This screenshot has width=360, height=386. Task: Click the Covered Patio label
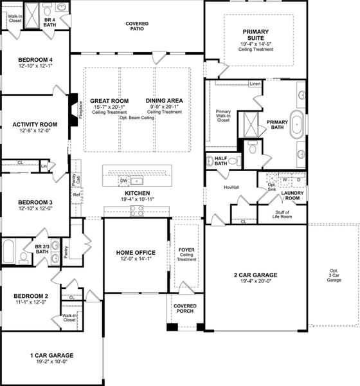click(137, 26)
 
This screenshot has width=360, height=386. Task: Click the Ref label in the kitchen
click(76, 194)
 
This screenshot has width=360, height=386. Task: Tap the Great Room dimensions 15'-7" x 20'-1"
click(109, 107)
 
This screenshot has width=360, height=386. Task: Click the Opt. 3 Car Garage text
click(334, 275)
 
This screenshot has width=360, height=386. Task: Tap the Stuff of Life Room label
click(282, 216)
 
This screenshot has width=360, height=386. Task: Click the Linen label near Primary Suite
click(255, 84)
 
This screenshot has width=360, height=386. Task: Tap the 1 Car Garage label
click(51, 355)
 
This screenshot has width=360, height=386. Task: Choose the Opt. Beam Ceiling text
click(137, 118)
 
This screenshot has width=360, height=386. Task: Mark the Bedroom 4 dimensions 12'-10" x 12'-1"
click(35, 66)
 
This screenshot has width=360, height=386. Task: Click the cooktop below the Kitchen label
click(137, 212)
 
